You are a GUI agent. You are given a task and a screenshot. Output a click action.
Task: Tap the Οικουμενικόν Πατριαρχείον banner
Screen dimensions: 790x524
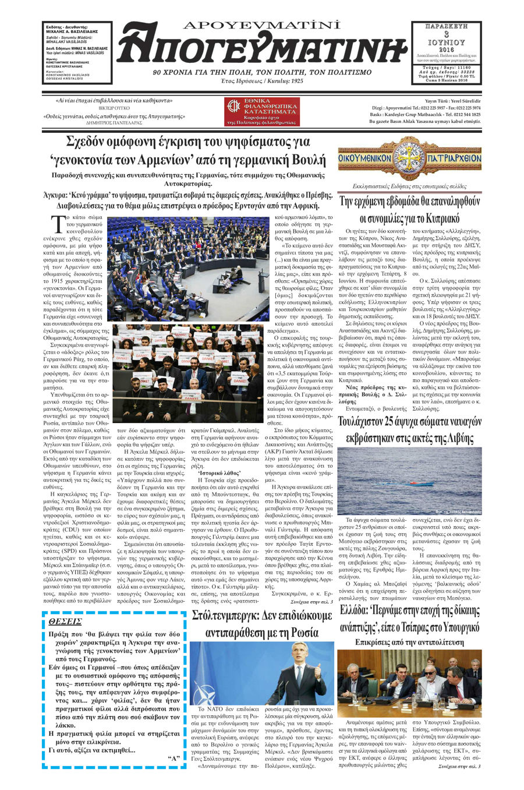pos(409,158)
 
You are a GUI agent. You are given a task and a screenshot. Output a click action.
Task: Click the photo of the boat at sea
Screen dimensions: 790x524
pos(409,481)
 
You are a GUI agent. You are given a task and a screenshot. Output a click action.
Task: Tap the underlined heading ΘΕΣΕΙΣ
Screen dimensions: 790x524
pos(65,622)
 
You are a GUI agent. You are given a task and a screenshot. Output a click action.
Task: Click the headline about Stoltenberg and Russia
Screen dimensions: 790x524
pos(262,623)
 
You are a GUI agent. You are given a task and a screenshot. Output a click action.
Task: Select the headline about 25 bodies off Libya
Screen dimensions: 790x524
pos(409,429)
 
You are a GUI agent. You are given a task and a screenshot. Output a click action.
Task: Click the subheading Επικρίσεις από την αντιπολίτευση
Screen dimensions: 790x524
pos(409,642)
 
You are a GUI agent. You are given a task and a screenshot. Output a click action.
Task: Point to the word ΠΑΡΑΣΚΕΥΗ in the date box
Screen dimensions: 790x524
pos(446,26)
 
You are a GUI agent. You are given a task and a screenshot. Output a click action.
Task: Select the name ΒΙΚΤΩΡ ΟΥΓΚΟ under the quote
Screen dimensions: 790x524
pos(114,108)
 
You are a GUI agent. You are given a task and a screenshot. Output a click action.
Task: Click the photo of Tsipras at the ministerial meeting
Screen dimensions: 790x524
pos(409,683)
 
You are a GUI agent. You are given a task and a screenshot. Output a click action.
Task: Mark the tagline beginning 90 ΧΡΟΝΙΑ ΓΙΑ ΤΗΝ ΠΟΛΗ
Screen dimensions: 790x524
pos(261,72)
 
